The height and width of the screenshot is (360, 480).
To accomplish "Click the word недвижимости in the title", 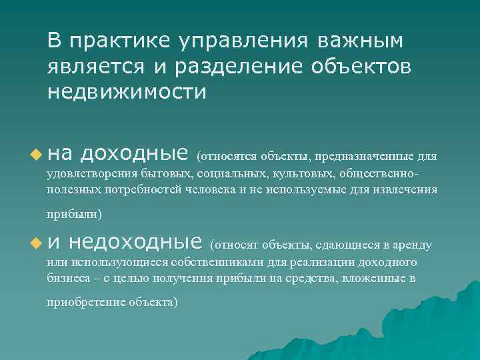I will click(127, 91).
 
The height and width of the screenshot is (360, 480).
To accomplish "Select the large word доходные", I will click(134, 155).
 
